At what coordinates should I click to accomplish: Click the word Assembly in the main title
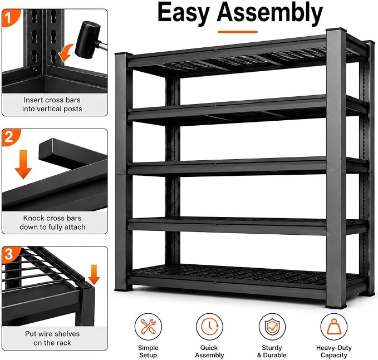(270, 13)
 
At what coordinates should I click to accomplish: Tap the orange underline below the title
(238, 32)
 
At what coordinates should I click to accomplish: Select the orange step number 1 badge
(9, 17)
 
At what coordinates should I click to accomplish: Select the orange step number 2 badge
(9, 137)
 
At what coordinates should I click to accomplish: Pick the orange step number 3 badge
(9, 254)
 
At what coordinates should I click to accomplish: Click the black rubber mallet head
(87, 40)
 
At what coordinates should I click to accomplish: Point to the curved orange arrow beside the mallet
(66, 53)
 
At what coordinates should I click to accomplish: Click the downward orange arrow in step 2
(23, 164)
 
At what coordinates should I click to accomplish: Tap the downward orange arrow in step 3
(94, 274)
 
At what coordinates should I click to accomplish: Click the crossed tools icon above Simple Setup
(148, 327)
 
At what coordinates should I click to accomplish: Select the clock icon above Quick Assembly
(209, 327)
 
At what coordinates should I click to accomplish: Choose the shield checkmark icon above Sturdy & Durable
(272, 327)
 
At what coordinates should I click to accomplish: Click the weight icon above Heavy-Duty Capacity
(334, 327)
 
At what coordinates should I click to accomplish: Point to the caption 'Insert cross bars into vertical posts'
(52, 105)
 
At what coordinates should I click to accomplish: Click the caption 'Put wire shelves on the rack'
(52, 338)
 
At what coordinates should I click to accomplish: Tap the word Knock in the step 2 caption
(33, 218)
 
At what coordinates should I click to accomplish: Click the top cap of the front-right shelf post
(336, 31)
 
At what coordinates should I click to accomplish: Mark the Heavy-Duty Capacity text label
(334, 351)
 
